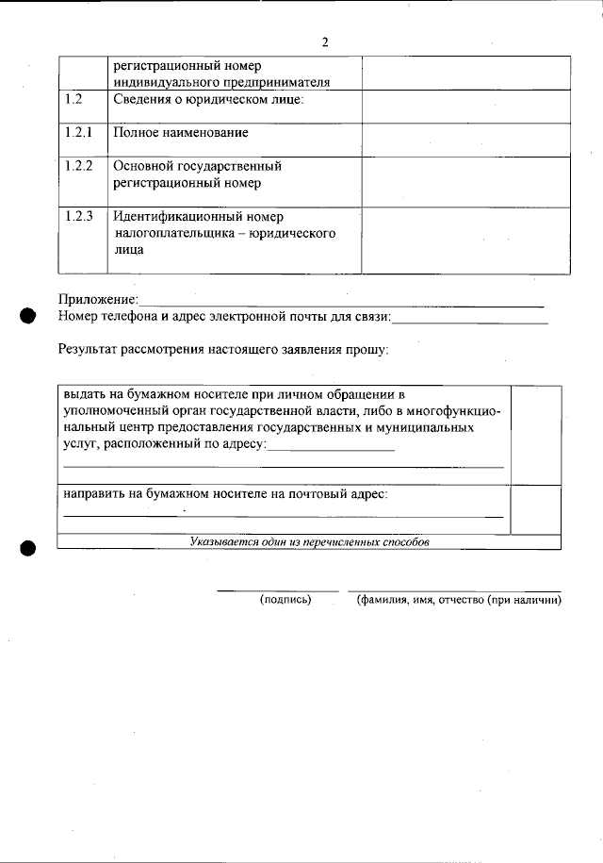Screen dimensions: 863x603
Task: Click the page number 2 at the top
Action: point(324,42)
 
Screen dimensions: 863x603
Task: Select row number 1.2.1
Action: point(78,132)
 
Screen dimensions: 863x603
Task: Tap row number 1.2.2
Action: point(79,166)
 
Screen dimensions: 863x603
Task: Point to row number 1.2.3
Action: point(79,216)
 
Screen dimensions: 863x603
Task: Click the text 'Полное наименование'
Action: point(180,133)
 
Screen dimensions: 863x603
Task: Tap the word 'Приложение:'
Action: point(98,300)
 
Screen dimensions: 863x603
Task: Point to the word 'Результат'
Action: point(89,349)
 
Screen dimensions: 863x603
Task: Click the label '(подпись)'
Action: point(285,600)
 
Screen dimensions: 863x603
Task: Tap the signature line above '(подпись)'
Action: point(277,589)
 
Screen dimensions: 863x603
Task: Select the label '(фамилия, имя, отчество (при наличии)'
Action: point(458,600)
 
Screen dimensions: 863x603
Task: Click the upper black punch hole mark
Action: point(27,316)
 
